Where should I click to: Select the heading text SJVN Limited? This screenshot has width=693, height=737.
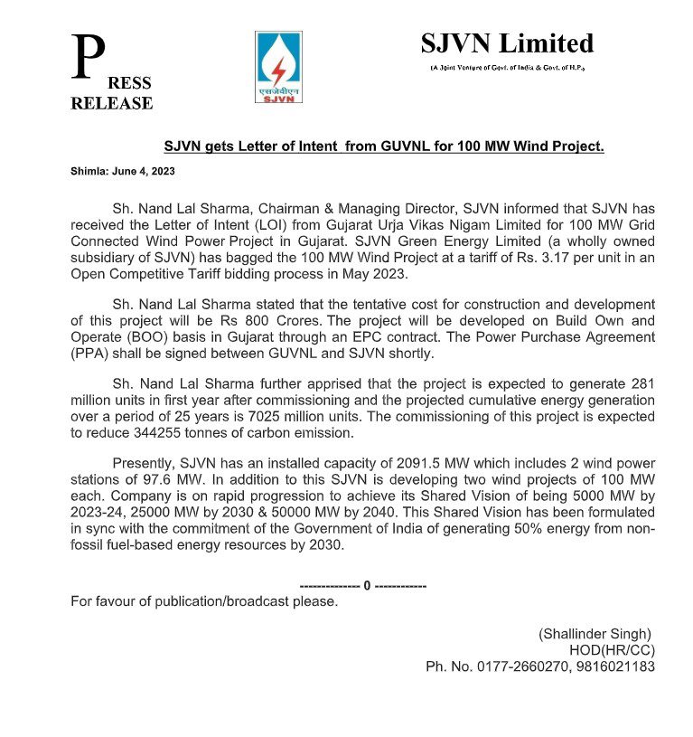[x=507, y=43]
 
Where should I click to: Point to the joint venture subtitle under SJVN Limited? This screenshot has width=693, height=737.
[x=507, y=69]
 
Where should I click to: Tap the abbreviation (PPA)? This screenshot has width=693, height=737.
[x=92, y=354]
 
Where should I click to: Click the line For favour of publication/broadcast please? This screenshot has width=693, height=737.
[x=204, y=601]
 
